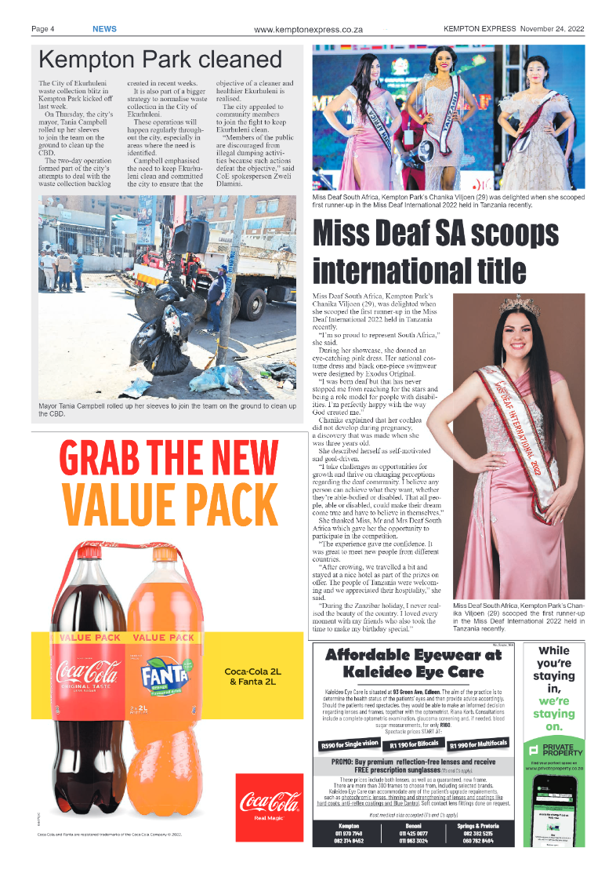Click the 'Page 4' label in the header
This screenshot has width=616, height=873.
point(42,29)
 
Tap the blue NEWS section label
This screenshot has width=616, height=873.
point(104,29)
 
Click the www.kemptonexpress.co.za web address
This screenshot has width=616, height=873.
point(308,30)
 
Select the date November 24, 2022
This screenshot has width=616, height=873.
point(552,29)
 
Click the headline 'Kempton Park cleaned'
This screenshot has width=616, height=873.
point(160,60)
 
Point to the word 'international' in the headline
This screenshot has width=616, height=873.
point(419,269)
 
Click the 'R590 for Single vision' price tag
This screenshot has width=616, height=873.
point(350,744)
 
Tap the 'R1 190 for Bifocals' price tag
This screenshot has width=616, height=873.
point(413,744)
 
